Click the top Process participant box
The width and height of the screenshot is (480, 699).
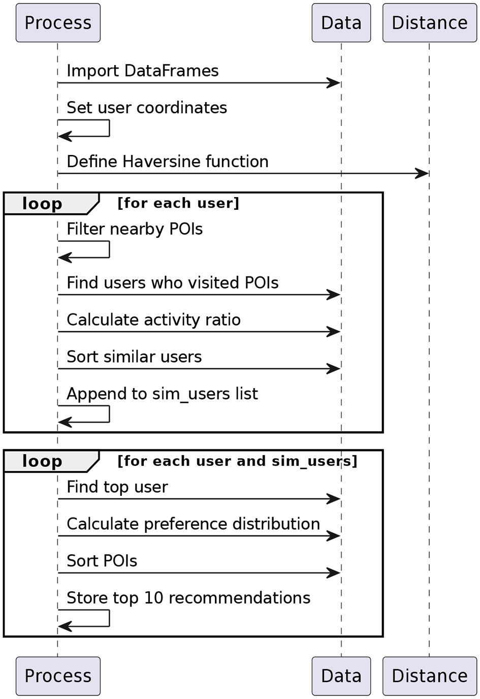(x=58, y=23)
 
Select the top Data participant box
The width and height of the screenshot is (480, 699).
(x=341, y=23)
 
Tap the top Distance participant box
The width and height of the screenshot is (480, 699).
(x=429, y=23)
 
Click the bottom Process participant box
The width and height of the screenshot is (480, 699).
(x=58, y=676)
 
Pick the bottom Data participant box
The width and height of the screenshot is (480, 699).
(x=341, y=676)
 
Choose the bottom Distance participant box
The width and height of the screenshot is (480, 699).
(x=429, y=676)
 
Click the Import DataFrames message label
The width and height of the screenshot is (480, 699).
(x=142, y=71)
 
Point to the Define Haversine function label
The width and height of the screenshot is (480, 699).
(x=167, y=162)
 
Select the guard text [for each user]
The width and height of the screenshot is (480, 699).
(x=178, y=203)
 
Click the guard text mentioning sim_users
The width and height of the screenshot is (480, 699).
(x=237, y=461)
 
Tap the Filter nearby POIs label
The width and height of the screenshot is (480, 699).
(x=134, y=229)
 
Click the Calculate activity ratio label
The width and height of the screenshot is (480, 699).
(x=153, y=320)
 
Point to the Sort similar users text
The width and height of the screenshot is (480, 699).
(x=134, y=357)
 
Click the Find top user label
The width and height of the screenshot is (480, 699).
(x=117, y=487)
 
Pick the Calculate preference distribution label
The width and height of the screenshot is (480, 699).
(x=193, y=524)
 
